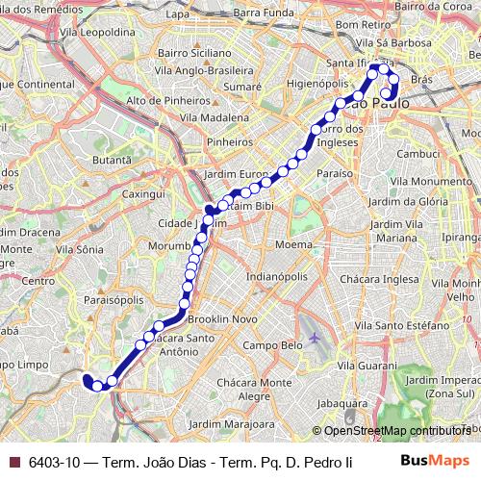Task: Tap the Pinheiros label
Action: [x=229, y=140]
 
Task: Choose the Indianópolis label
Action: [x=278, y=276]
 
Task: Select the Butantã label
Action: [x=111, y=159]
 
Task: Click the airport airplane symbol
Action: [x=316, y=341]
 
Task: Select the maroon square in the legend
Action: [x=13, y=463]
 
